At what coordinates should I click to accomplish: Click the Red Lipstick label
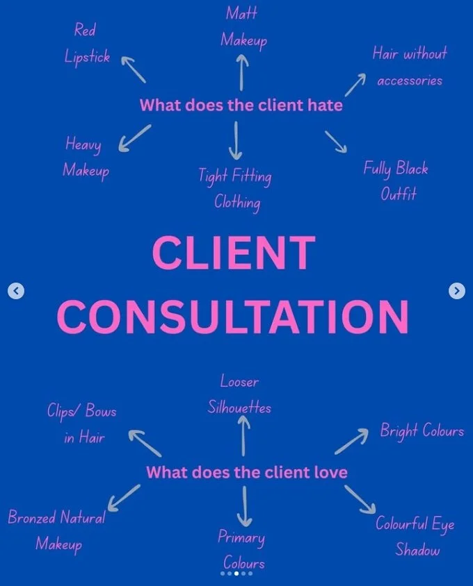coord(86,43)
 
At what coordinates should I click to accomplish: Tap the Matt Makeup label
coord(243,26)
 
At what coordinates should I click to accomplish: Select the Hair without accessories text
coord(410,66)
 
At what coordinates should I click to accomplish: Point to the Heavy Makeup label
coord(86,156)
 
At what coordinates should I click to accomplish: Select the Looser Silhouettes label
coord(239,394)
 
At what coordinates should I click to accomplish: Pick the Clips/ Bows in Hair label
coord(81,423)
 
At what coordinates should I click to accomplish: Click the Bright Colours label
coord(422,430)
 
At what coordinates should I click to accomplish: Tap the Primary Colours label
coord(242,549)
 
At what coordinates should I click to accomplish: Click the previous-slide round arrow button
coord(16,291)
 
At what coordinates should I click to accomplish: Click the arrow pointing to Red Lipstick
coord(134,69)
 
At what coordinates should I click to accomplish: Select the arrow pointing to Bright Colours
coord(351,441)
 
